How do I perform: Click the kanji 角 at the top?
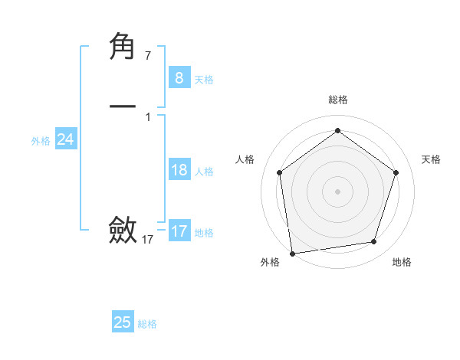pyautogui.click(x=123, y=47)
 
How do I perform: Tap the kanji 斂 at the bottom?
pyautogui.click(x=123, y=230)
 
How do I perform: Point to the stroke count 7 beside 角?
pyautogui.click(x=148, y=56)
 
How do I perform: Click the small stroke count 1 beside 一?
pyautogui.click(x=148, y=117)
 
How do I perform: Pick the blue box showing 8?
pyautogui.click(x=179, y=78)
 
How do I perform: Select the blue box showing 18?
pyautogui.click(x=179, y=170)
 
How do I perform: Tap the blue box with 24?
pyautogui.click(x=66, y=139)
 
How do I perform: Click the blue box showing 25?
pyautogui.click(x=123, y=322)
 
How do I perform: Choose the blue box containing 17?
pyautogui.click(x=179, y=231)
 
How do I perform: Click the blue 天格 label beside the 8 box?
pyautogui.click(x=204, y=80)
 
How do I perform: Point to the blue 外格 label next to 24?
pyautogui.click(x=41, y=141)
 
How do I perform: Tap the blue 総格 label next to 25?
pyautogui.click(x=147, y=324)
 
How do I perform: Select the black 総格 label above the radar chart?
pyautogui.click(x=338, y=100)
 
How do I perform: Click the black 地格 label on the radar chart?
pyautogui.click(x=402, y=262)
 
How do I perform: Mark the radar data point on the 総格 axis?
pyautogui.click(x=337, y=131)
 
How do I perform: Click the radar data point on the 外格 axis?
pyautogui.click(x=292, y=253)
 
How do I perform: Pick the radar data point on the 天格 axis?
pyautogui.click(x=396, y=172)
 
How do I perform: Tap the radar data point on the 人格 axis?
pyautogui.click(x=279, y=172)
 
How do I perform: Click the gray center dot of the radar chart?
pyautogui.click(x=337, y=191)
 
